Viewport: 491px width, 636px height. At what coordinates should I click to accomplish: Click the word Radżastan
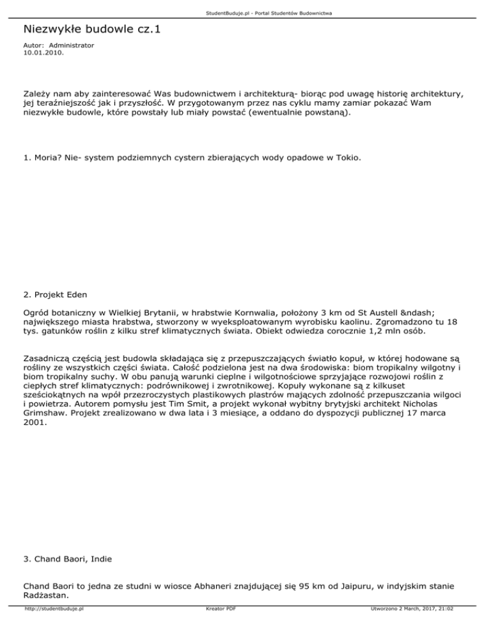coord(47,596)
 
